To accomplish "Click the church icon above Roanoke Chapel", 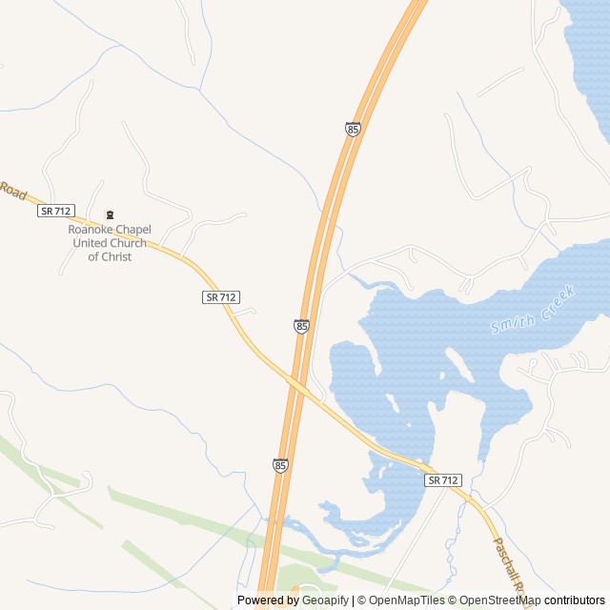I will [108, 213].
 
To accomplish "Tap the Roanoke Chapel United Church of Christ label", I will [109, 243].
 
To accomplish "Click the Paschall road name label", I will [510, 570].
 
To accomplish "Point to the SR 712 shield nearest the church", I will [56, 210].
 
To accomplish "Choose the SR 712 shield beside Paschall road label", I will [443, 480].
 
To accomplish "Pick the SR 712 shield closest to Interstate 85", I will [220, 297].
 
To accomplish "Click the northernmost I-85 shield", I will [353, 129].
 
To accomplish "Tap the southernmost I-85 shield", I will [279, 465].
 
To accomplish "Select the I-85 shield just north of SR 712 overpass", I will [301, 326].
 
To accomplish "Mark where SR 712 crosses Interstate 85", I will [299, 386].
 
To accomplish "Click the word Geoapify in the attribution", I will [327, 600].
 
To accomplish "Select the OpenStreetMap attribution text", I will [496, 600].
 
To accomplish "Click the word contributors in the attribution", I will [575, 600].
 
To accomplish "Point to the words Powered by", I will [268, 600].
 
